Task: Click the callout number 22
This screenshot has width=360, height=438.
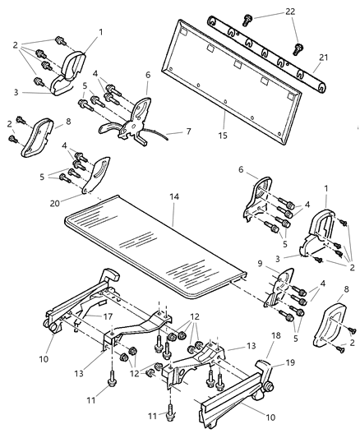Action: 290,12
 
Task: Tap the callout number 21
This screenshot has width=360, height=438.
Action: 323,58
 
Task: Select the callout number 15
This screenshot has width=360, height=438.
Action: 223,136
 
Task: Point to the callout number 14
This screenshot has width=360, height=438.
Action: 174,197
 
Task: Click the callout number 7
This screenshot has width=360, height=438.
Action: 188,131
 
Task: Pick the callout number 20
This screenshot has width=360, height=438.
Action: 55,203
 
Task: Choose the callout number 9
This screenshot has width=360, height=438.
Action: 260,264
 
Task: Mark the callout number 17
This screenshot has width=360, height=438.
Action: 108,316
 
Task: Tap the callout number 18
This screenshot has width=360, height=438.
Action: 275,335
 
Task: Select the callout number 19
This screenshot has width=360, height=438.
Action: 290,362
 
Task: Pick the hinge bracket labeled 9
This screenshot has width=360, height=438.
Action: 279,288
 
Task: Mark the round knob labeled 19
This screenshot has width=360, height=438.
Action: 269,387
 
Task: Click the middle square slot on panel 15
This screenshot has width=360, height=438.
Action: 238,64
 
